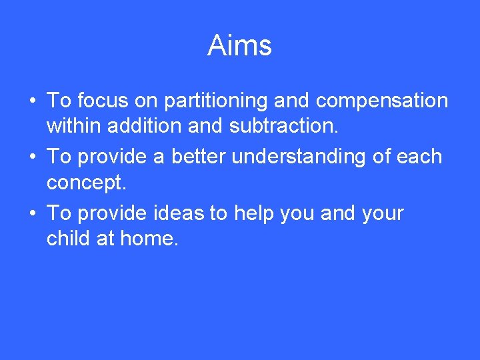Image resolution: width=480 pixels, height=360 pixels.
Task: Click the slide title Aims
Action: [x=239, y=46]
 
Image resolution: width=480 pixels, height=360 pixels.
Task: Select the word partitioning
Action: [x=217, y=101]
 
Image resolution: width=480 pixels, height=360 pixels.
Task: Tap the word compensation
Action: [x=381, y=101]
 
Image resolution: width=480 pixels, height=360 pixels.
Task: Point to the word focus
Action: [x=101, y=101]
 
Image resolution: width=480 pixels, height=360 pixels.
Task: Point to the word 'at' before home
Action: [x=106, y=237]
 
